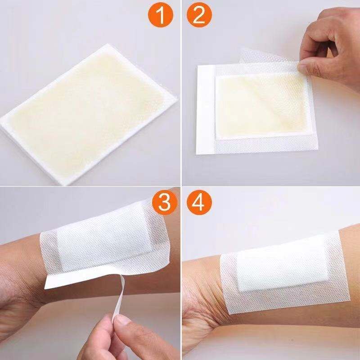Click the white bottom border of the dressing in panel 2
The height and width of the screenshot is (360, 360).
pyautogui.click(x=252, y=146)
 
